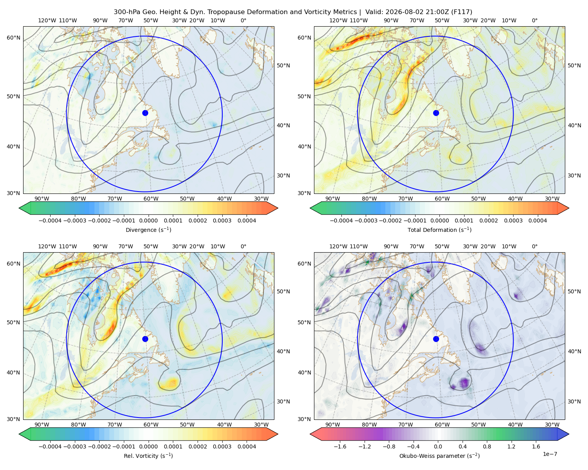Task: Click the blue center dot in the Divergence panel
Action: pyautogui.click(x=145, y=113)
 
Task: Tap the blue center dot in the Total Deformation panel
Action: pyautogui.click(x=436, y=113)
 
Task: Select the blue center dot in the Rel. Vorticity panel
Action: pyautogui.click(x=145, y=339)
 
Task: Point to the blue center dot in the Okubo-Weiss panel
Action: pyautogui.click(x=436, y=339)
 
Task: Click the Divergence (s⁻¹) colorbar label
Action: pyautogui.click(x=148, y=230)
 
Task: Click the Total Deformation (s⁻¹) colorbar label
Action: pyautogui.click(x=439, y=230)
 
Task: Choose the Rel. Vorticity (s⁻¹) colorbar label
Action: pyautogui.click(x=148, y=456)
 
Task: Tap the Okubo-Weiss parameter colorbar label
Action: pyautogui.click(x=439, y=456)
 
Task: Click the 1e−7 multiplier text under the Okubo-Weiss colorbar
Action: pyautogui.click(x=550, y=454)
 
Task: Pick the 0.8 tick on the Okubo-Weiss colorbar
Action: pyautogui.click(x=487, y=446)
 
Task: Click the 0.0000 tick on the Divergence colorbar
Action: pyautogui.click(x=148, y=221)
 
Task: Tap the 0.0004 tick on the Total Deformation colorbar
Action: pyautogui.click(x=537, y=221)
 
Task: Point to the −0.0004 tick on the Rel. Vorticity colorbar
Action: pyautogui.click(x=50, y=446)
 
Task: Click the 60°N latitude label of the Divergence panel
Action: pyautogui.click(x=13, y=38)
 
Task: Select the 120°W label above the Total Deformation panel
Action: pyautogui.click(x=338, y=20)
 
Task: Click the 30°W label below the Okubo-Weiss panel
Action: pyautogui.click(x=552, y=425)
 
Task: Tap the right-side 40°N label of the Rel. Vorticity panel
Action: pyautogui.click(x=283, y=351)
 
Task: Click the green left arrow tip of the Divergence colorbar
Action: pyautogui.click(x=19, y=208)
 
